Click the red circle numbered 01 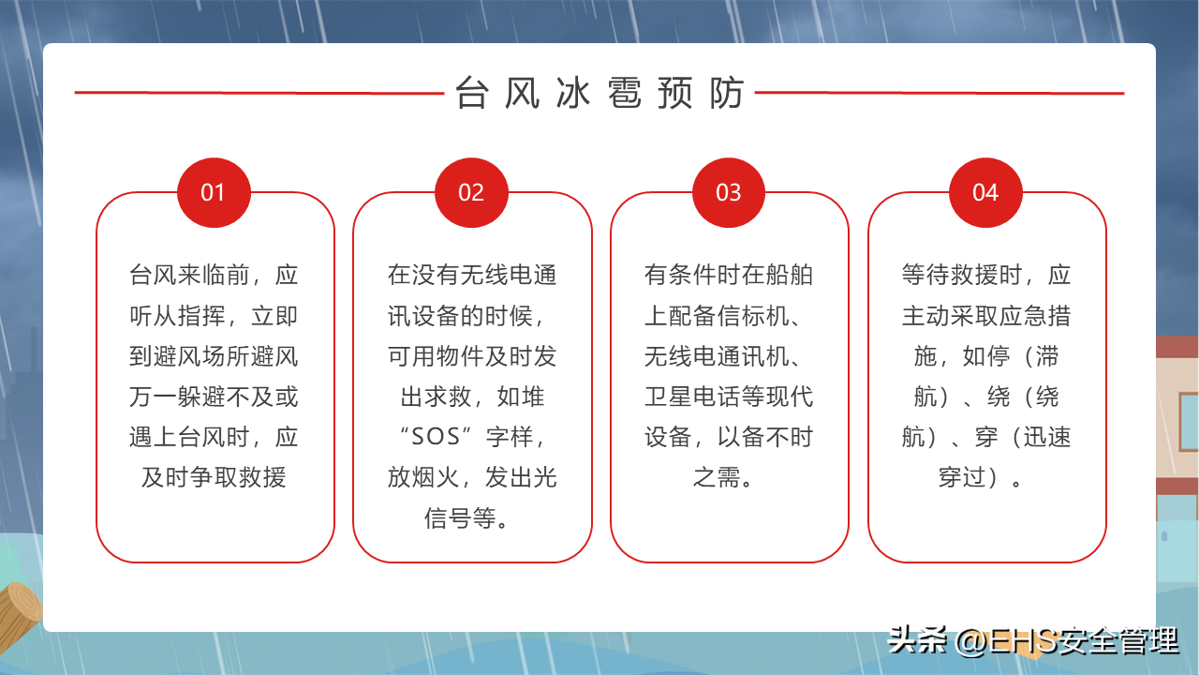(214, 192)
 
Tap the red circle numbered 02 (471, 192)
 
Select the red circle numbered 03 (729, 192)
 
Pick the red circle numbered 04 (985, 192)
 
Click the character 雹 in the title (624, 93)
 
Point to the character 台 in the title (471, 93)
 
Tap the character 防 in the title (726, 93)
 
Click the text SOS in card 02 (436, 437)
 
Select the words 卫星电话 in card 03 (692, 397)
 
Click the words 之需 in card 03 (717, 477)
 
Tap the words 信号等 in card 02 (460, 518)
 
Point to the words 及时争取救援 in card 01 (214, 477)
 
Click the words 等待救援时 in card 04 (961, 275)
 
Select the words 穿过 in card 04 (962, 477)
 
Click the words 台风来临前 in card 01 (189, 275)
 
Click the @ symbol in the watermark (971, 641)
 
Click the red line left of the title (259, 93)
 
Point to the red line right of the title (940, 93)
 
